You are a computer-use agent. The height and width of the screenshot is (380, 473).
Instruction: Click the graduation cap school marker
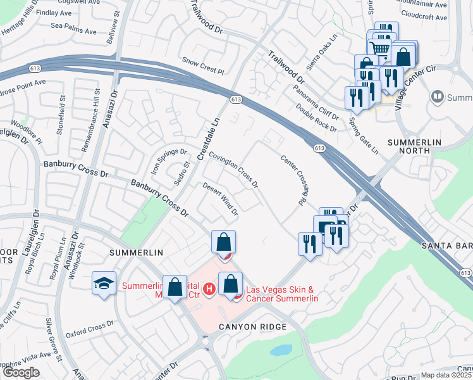point(104,284)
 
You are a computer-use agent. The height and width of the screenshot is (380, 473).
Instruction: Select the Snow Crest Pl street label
point(204,65)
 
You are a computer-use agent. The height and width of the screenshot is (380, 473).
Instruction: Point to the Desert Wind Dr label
point(220,199)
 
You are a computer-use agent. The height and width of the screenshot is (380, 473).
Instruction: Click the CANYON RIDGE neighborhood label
point(253,327)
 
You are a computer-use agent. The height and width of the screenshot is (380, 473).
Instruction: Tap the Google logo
point(21,372)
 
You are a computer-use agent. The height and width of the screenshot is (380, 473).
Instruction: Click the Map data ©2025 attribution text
point(446,375)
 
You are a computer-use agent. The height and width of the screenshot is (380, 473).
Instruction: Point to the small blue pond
point(280,350)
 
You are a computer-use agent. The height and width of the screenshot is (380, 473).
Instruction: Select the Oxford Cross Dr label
point(89,323)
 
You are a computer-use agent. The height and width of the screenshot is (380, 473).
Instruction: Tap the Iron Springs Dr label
point(169,163)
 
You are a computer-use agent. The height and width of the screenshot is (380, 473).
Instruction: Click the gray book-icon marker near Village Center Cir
point(437,98)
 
